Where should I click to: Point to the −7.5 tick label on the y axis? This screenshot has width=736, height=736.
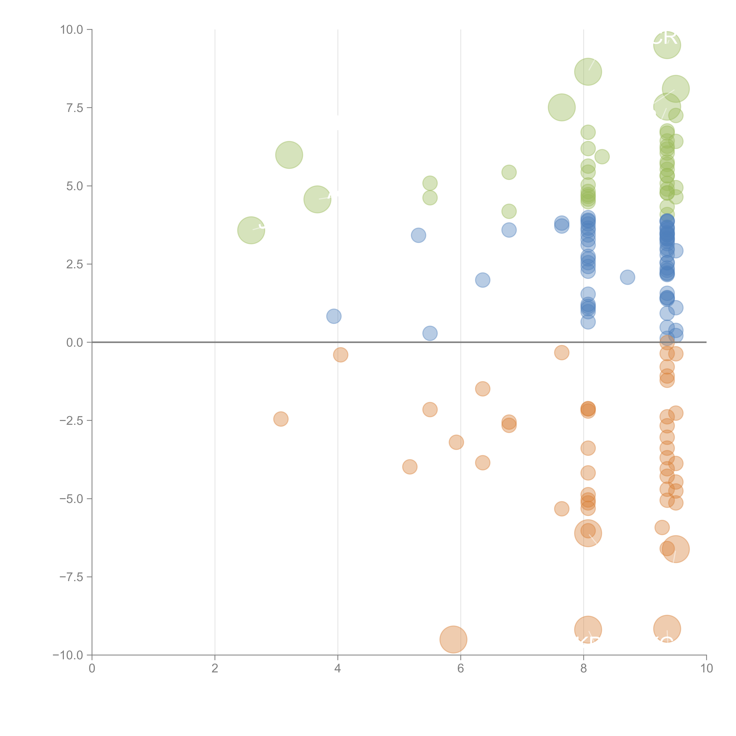pyautogui.click(x=71, y=577)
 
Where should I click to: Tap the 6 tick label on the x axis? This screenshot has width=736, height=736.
pyautogui.click(x=461, y=669)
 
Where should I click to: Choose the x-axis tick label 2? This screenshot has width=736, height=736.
pyautogui.click(x=215, y=669)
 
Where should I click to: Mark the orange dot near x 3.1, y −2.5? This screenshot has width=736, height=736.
pyautogui.click(x=281, y=419)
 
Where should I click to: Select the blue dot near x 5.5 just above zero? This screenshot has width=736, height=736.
pyautogui.click(x=430, y=333)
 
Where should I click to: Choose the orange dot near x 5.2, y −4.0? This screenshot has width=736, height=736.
pyautogui.click(x=410, y=467)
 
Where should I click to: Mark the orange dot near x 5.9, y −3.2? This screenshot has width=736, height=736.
pyautogui.click(x=456, y=442)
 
